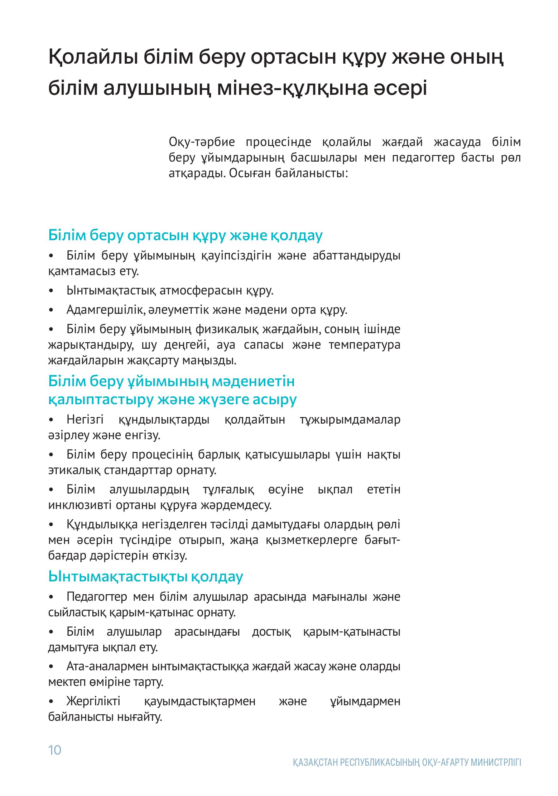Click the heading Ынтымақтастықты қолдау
(146, 576)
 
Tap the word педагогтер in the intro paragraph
(423, 158)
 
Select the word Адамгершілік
(105, 310)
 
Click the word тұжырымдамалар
(350, 420)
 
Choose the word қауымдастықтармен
(200, 701)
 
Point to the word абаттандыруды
(356, 256)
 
